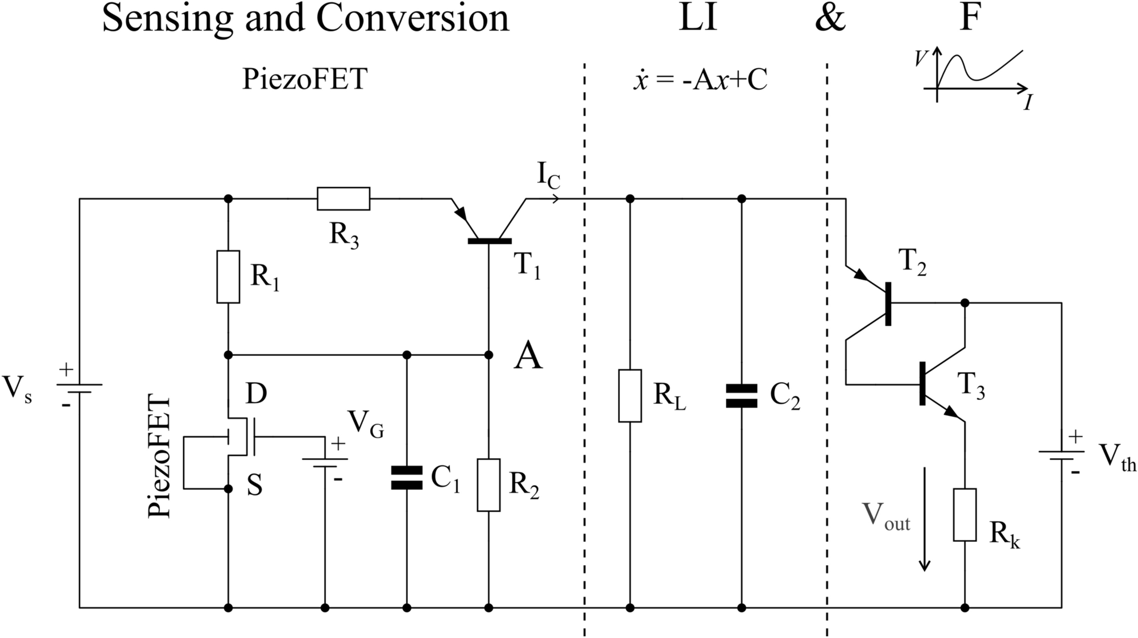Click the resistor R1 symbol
pyautogui.click(x=228, y=276)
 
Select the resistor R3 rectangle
pyautogui.click(x=343, y=198)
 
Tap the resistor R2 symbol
pyautogui.click(x=489, y=484)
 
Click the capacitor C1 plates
pyautogui.click(x=407, y=478)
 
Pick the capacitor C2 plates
pyautogui.click(x=741, y=396)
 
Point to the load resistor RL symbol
pyautogui.click(x=630, y=396)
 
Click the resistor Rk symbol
pyautogui.click(x=965, y=515)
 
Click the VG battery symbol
pyautogui.click(x=325, y=462)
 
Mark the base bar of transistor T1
pyautogui.click(x=489, y=241)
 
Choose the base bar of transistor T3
pyautogui.click(x=922, y=384)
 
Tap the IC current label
pyautogui.click(x=548, y=176)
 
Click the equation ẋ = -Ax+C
pyautogui.click(x=700, y=80)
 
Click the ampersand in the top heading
pyautogui.click(x=830, y=18)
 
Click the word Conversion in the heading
pyautogui.click(x=412, y=18)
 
